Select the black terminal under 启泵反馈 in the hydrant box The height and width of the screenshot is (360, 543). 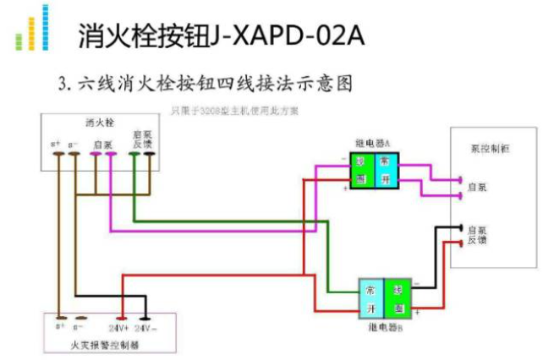pos(150,155)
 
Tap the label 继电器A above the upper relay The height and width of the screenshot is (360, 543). pos(373,143)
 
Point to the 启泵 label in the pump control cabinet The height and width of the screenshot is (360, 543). pos(477,187)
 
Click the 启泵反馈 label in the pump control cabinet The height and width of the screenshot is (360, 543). pos(478,235)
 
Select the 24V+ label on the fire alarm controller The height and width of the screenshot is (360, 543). pos(118,326)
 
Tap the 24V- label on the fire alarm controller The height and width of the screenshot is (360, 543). pos(145,326)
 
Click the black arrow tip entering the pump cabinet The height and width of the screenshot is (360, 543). pos(457,227)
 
